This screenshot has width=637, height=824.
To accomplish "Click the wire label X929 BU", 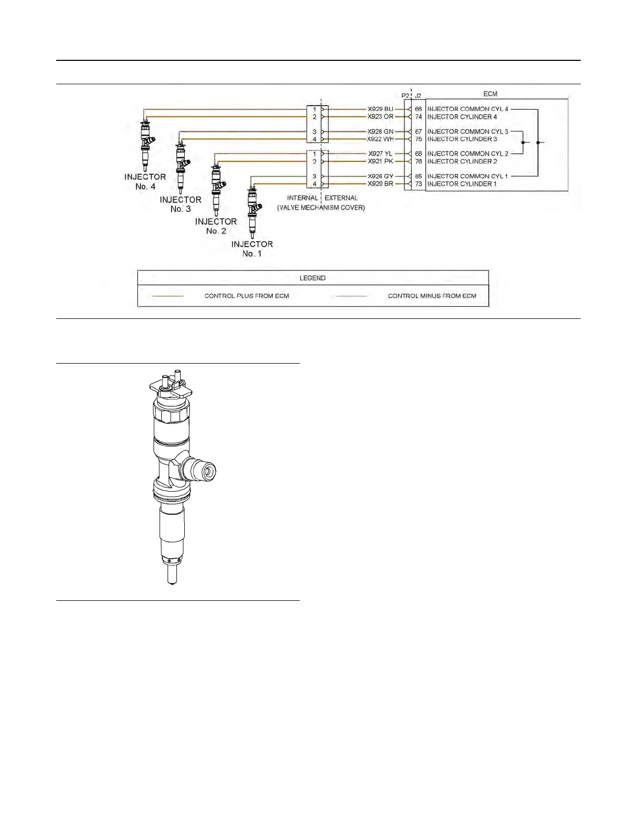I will coord(380,109).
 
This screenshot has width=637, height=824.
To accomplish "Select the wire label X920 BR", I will coord(380,184).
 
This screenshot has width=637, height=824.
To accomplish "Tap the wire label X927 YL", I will coord(380,154).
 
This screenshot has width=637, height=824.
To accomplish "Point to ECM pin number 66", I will coord(418,109).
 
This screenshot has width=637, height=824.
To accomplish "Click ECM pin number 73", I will coord(418,184).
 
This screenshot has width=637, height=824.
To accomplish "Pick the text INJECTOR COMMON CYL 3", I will coord(467,132).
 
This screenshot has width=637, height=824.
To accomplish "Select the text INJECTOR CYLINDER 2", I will coord(462,161).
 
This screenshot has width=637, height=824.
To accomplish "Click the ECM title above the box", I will coord(490,94).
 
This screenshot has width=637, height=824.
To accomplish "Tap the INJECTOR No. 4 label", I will coord(145,182).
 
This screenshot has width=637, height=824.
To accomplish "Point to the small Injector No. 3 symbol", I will coord(181,161).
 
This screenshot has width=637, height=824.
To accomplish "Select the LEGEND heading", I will coord(312,278).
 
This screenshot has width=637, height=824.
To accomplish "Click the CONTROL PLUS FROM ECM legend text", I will coord(247,296).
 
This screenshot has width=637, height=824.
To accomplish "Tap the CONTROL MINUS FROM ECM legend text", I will coord(432,296).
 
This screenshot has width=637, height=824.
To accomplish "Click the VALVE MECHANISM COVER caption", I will coord(321,208).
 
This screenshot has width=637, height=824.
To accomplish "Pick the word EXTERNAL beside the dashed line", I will coord(341,198).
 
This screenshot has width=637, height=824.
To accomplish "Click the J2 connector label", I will coord(417,96).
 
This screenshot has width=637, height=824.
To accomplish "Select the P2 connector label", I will coord(405,96).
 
